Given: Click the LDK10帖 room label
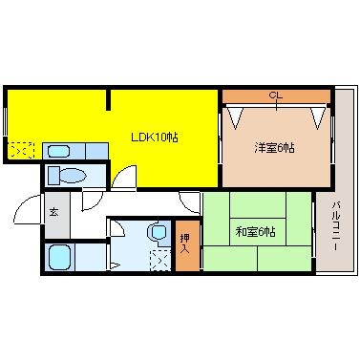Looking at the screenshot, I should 154,138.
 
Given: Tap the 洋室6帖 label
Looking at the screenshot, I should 273,148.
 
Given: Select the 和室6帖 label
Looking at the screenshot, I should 255,232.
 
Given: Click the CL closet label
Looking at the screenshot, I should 275,95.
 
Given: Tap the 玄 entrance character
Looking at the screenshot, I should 53,211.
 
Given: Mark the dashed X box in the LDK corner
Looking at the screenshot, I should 22,150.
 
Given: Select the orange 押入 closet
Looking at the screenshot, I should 187,246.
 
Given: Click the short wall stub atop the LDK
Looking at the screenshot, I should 109,100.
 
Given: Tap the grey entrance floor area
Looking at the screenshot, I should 54,222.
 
